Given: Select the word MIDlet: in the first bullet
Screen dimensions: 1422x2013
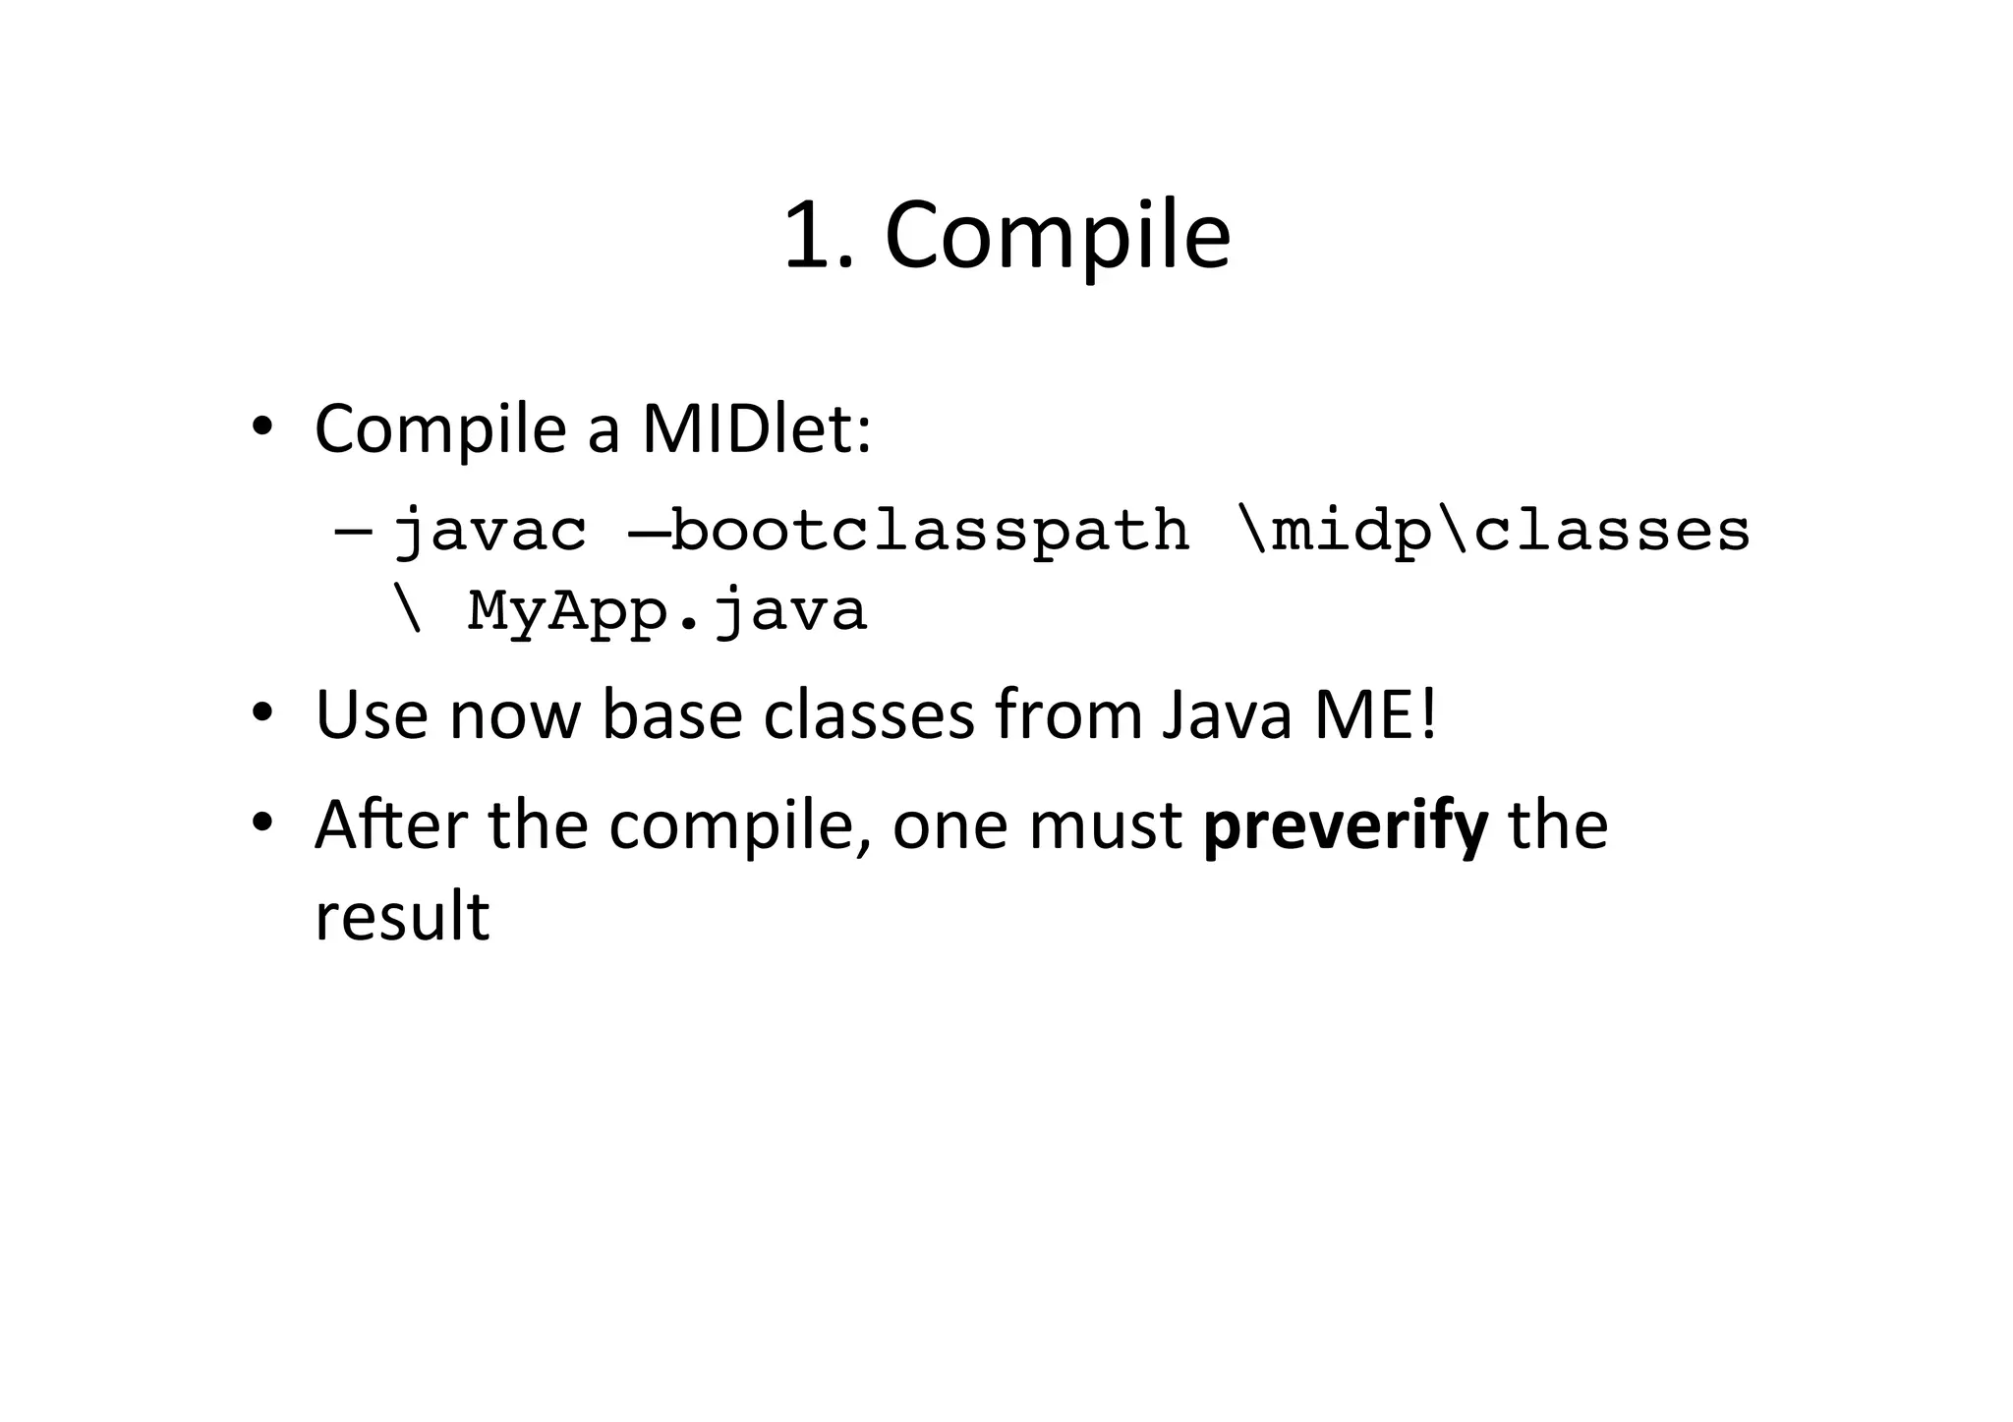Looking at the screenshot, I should pos(756,429).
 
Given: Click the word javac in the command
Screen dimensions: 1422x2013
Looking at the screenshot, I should pos(489,532).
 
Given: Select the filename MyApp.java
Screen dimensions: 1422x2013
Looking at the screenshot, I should pos(666,610).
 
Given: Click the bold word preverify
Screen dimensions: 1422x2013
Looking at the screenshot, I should pos(1345,826).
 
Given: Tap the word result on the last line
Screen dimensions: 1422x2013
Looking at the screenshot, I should pos(402,916).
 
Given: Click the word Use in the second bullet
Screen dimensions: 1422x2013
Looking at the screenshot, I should pos(371,715).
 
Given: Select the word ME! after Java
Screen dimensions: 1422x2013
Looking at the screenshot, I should pos(1376,715).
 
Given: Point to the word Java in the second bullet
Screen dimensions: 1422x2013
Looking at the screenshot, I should pos(1226,715).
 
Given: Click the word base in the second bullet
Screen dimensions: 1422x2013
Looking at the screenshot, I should pos(671,715).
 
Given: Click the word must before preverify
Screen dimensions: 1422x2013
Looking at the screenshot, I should pos(1106,826).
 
